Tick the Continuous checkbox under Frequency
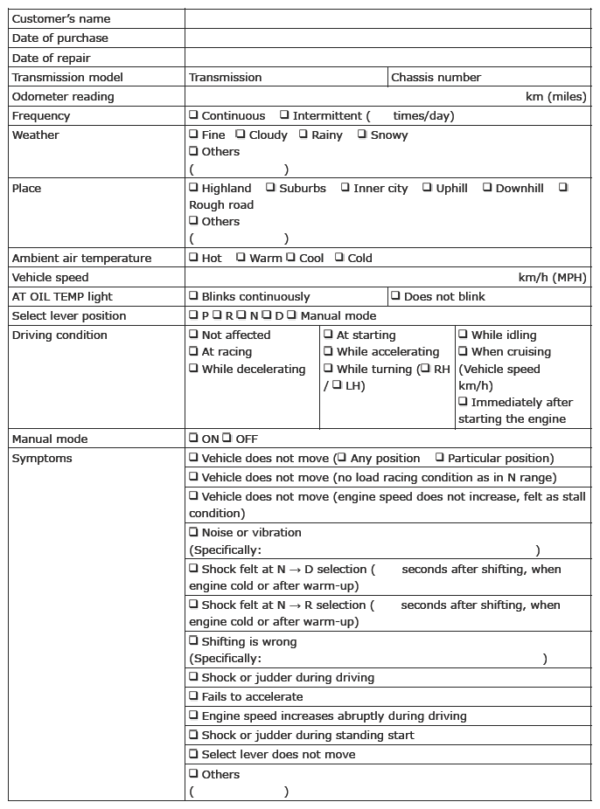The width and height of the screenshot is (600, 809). pos(193,115)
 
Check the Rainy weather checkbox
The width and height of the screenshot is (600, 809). pos(303,135)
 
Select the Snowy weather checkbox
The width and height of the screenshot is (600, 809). pos(362,135)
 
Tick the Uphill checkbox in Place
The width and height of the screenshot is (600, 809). pos(428,188)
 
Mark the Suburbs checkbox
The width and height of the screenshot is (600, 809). pos(270,188)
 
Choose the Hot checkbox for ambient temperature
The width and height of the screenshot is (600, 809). pos(193,258)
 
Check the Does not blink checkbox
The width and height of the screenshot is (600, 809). pos(395,296)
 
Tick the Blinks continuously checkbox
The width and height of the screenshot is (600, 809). pos(193,296)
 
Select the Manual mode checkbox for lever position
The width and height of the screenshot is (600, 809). pos(292,315)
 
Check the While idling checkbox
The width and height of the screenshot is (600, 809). pos(463,335)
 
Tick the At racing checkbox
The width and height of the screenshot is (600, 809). pos(193,351)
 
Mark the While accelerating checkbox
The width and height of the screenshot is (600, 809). pos(328,351)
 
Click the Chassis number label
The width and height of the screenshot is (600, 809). pos(436,77)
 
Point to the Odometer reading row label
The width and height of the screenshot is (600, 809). pos(63,96)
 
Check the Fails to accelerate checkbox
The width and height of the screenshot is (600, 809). pos(193,696)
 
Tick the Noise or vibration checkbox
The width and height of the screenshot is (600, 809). pos(193,532)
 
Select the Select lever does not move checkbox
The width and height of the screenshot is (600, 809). pos(193,754)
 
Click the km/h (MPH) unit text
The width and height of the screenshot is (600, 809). pos(552,277)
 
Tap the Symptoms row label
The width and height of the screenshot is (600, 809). pos(42,458)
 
